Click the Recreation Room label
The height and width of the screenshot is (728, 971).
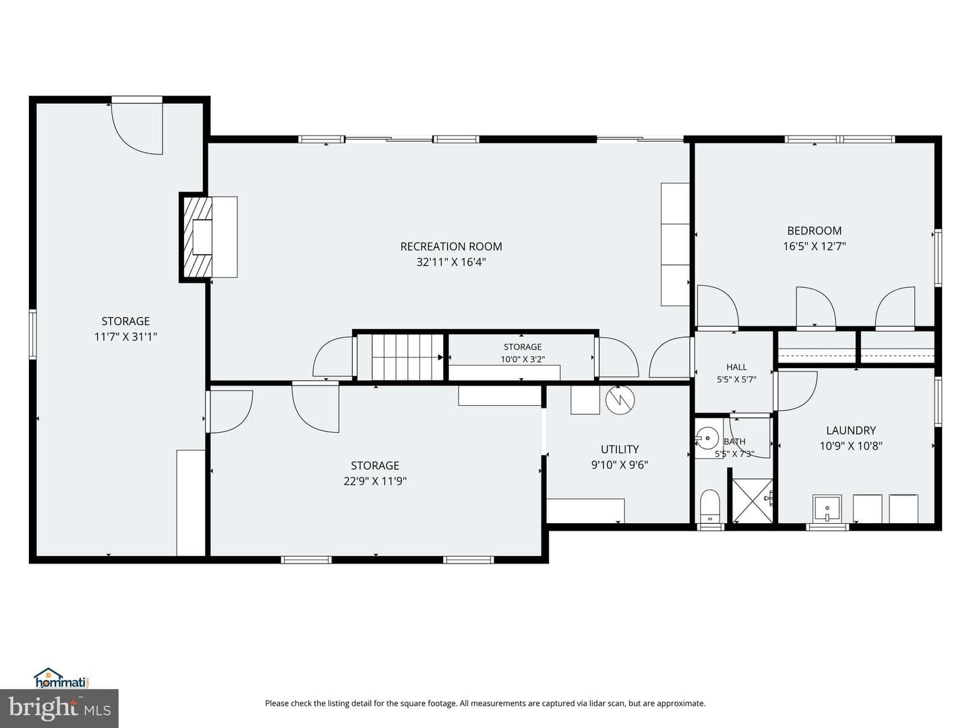coord(451,246)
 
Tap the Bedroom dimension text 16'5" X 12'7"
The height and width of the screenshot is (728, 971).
coord(815,246)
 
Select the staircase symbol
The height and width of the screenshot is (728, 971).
coord(401,357)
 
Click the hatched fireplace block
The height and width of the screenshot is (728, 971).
coord(198,237)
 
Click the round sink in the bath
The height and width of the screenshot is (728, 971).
coord(708,438)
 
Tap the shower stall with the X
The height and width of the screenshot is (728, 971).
coord(753,501)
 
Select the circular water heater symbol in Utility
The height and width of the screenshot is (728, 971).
coord(620,400)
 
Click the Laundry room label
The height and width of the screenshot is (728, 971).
coord(851,430)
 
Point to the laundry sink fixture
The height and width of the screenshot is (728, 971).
coord(826,508)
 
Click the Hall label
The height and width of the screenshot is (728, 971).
coord(736,367)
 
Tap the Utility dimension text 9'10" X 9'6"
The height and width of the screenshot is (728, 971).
coord(619,465)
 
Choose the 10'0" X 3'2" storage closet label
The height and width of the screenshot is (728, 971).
coord(523,359)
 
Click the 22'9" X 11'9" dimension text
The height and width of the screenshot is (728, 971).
coord(375,481)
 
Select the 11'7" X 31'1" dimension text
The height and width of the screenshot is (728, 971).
coord(125,337)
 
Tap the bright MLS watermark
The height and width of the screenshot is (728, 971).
coord(59,708)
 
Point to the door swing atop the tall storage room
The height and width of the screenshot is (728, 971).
coord(137,128)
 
